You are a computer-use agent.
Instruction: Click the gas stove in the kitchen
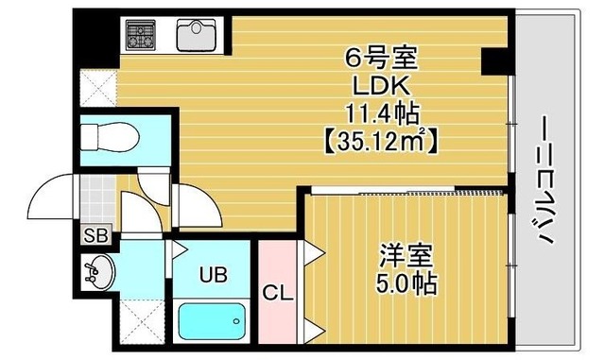click(x=141, y=35)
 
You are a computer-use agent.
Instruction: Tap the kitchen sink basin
click(x=197, y=35)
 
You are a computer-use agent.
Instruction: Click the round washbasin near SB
click(x=98, y=272)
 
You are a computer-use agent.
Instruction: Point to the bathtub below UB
click(x=212, y=321)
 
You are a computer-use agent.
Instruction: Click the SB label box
click(x=96, y=235)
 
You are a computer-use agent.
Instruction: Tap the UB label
click(x=213, y=275)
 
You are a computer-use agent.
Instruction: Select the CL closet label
click(x=278, y=294)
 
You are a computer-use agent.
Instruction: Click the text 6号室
click(x=381, y=60)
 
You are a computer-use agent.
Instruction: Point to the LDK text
click(x=381, y=86)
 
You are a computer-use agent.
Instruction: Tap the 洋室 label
click(x=406, y=255)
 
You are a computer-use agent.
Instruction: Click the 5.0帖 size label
click(x=406, y=284)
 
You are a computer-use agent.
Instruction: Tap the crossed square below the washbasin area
click(x=143, y=321)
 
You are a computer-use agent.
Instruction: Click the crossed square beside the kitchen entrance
click(x=98, y=88)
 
